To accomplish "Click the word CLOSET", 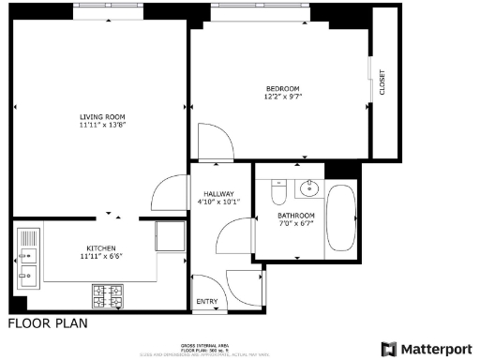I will tap(382, 82).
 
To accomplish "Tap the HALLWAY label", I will tap(218, 193).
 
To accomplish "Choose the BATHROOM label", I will tap(296, 216).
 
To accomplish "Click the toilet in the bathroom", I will tap(277, 192).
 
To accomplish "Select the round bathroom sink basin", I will tap(308, 189).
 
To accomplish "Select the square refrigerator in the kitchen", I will tap(170, 234).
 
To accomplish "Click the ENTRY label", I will tap(205, 302).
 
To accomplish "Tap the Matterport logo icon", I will tap(389, 348).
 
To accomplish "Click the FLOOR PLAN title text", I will tap(47, 325).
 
